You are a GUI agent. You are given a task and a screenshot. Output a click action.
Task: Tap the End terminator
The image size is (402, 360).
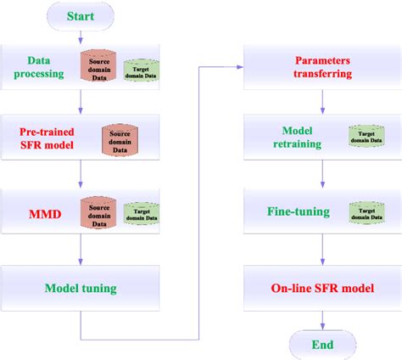pos(321,344)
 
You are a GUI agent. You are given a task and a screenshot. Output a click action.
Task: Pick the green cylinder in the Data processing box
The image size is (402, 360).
pos(140,68)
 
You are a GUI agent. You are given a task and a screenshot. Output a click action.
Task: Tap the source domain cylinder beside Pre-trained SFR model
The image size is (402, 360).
pos(120,138)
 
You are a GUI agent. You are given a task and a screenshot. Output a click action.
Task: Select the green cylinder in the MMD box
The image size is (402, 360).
pos(140,210)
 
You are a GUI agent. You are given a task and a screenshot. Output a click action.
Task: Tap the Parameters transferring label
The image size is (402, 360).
pos(322,68)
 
